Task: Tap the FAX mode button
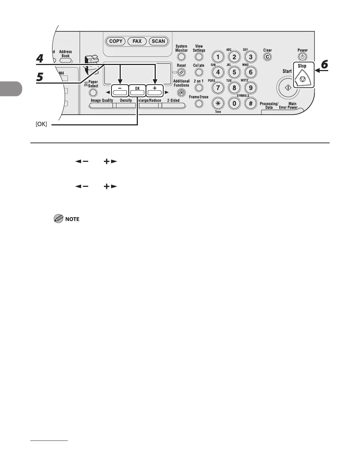coord(137,41)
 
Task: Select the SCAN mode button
coord(158,41)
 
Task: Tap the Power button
coord(302,57)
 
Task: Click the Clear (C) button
coord(267,57)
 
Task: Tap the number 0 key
coord(234,104)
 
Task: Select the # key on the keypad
coord(251,104)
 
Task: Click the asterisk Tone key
coord(217,104)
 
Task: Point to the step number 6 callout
coord(324,65)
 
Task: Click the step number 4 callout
coord(40,58)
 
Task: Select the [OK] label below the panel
coord(41,125)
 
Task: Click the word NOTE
coord(72,219)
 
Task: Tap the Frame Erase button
coord(199,104)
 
